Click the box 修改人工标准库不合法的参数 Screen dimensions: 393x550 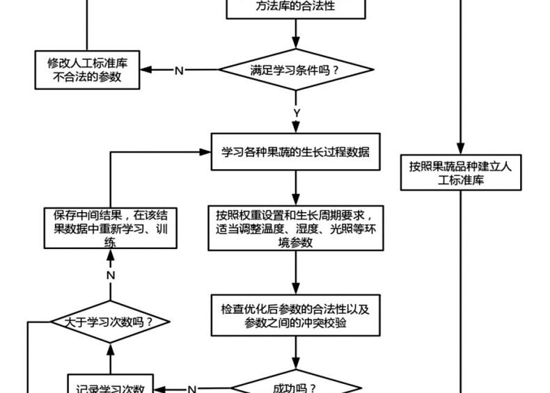click(x=87, y=70)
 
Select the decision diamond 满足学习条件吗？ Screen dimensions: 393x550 click(x=297, y=70)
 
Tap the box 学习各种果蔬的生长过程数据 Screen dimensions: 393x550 click(x=297, y=152)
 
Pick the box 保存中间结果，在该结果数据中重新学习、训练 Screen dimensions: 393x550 click(x=110, y=227)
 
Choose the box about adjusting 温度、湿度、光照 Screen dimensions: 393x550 click(x=297, y=227)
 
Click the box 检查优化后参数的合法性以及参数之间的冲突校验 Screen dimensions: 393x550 click(x=297, y=315)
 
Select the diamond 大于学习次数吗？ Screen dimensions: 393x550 click(x=109, y=322)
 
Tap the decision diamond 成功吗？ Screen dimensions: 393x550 click(x=297, y=387)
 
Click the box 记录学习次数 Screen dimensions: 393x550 click(x=110, y=387)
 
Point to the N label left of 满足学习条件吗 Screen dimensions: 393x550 click(x=179, y=70)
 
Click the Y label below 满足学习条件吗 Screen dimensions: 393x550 click(x=297, y=113)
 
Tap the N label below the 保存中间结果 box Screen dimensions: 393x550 click(x=110, y=275)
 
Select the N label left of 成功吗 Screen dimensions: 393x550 click(x=192, y=389)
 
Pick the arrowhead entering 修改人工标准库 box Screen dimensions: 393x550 click(x=145, y=70)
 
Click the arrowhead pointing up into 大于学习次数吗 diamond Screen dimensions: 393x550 click(x=109, y=347)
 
